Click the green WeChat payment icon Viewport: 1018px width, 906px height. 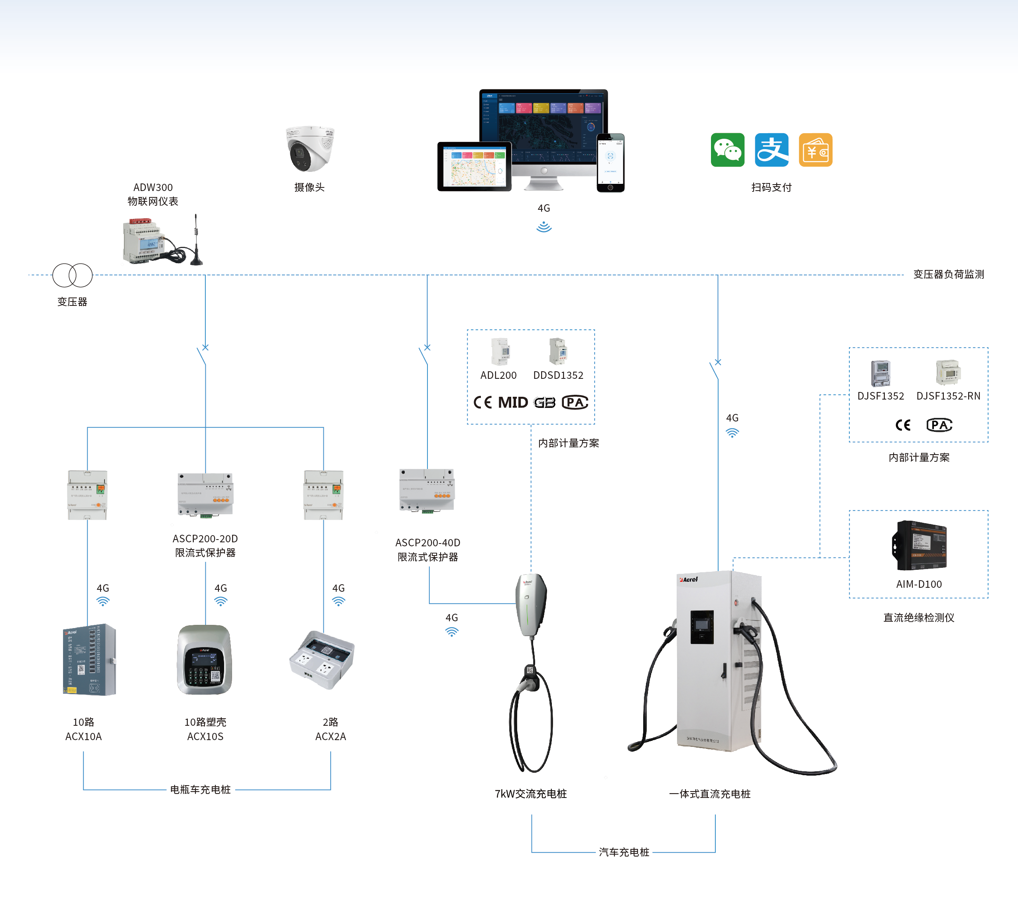click(x=727, y=150)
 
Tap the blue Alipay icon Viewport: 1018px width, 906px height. click(x=772, y=150)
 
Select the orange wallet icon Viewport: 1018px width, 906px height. click(x=815, y=150)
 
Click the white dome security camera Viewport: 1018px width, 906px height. click(x=310, y=148)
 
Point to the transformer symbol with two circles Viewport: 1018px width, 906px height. click(x=73, y=275)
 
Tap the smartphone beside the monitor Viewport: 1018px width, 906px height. click(x=610, y=162)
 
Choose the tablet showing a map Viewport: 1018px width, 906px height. click(x=474, y=166)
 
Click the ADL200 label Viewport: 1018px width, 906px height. click(x=498, y=376)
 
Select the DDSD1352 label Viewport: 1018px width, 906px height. click(x=558, y=376)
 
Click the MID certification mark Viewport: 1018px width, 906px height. click(x=512, y=402)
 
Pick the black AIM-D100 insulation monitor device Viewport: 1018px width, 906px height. click(x=919, y=546)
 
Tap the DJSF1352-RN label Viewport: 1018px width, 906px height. click(x=948, y=396)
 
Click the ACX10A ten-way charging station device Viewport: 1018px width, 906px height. click(x=90, y=660)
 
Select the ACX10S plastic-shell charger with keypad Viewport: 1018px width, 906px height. click(x=205, y=660)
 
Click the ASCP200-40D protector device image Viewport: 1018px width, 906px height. click(x=427, y=490)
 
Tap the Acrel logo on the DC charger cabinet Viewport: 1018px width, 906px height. click(x=688, y=579)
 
